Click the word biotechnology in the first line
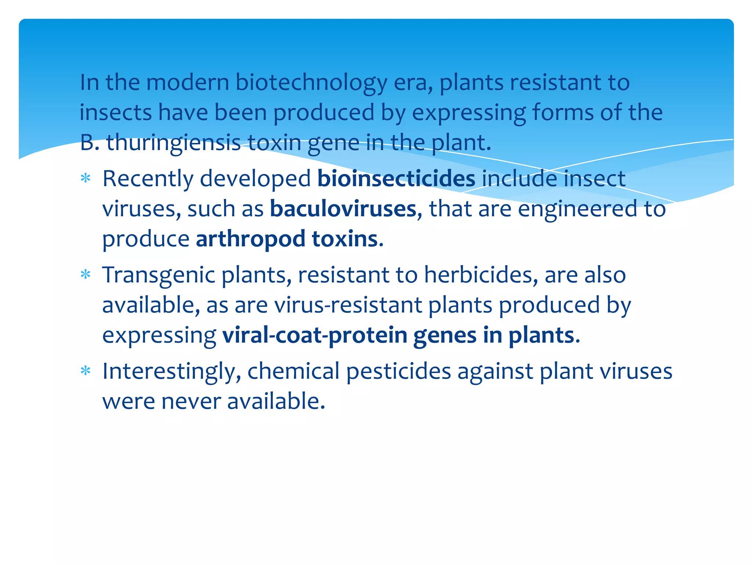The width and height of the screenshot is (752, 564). click(311, 83)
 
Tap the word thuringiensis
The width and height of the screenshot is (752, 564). click(173, 142)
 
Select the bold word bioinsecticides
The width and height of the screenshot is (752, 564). click(396, 179)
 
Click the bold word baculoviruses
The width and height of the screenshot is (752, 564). click(343, 209)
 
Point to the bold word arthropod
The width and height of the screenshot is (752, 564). click(250, 239)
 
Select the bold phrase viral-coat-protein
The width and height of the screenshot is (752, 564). click(315, 335)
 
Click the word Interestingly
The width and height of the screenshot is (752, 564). click(171, 372)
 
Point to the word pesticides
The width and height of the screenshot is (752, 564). click(398, 372)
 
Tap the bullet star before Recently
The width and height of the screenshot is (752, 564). click(86, 179)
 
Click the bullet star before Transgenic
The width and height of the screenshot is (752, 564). click(86, 275)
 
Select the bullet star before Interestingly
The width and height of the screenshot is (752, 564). click(86, 371)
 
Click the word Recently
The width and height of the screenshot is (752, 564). click(148, 179)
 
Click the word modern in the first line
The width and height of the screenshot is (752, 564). click(188, 82)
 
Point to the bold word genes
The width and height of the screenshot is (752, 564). click(445, 336)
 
